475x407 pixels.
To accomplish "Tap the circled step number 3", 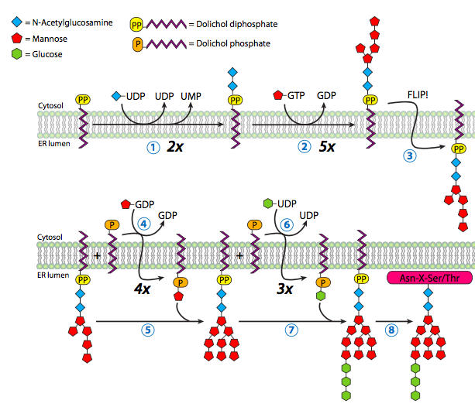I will pyautogui.click(x=409, y=156).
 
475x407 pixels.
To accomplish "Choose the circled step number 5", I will pyautogui.click(x=148, y=329).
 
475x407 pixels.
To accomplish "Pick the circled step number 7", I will pyautogui.click(x=291, y=329).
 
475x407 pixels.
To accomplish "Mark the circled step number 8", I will pyautogui.click(x=392, y=329).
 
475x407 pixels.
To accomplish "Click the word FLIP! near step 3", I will pyautogui.click(x=420, y=97).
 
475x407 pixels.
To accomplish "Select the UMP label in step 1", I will pyautogui.click(x=191, y=95).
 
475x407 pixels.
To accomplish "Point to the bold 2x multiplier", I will pyautogui.click(x=175, y=146).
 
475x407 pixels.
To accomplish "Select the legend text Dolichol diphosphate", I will pyautogui.click(x=246, y=25).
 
